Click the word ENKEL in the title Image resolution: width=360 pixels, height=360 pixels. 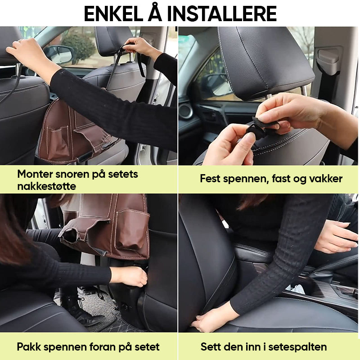point(114,14)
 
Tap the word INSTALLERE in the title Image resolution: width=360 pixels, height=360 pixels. point(222,14)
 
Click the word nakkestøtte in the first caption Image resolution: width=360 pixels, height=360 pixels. point(47,186)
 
